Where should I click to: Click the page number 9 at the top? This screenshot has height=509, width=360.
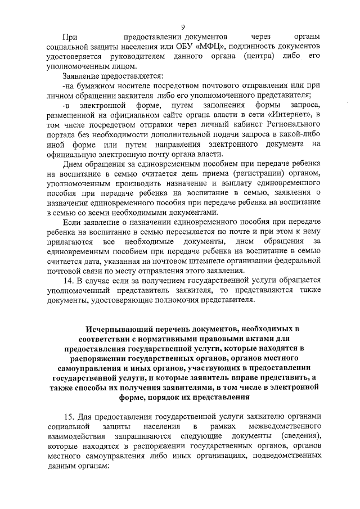coord(183,26)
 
